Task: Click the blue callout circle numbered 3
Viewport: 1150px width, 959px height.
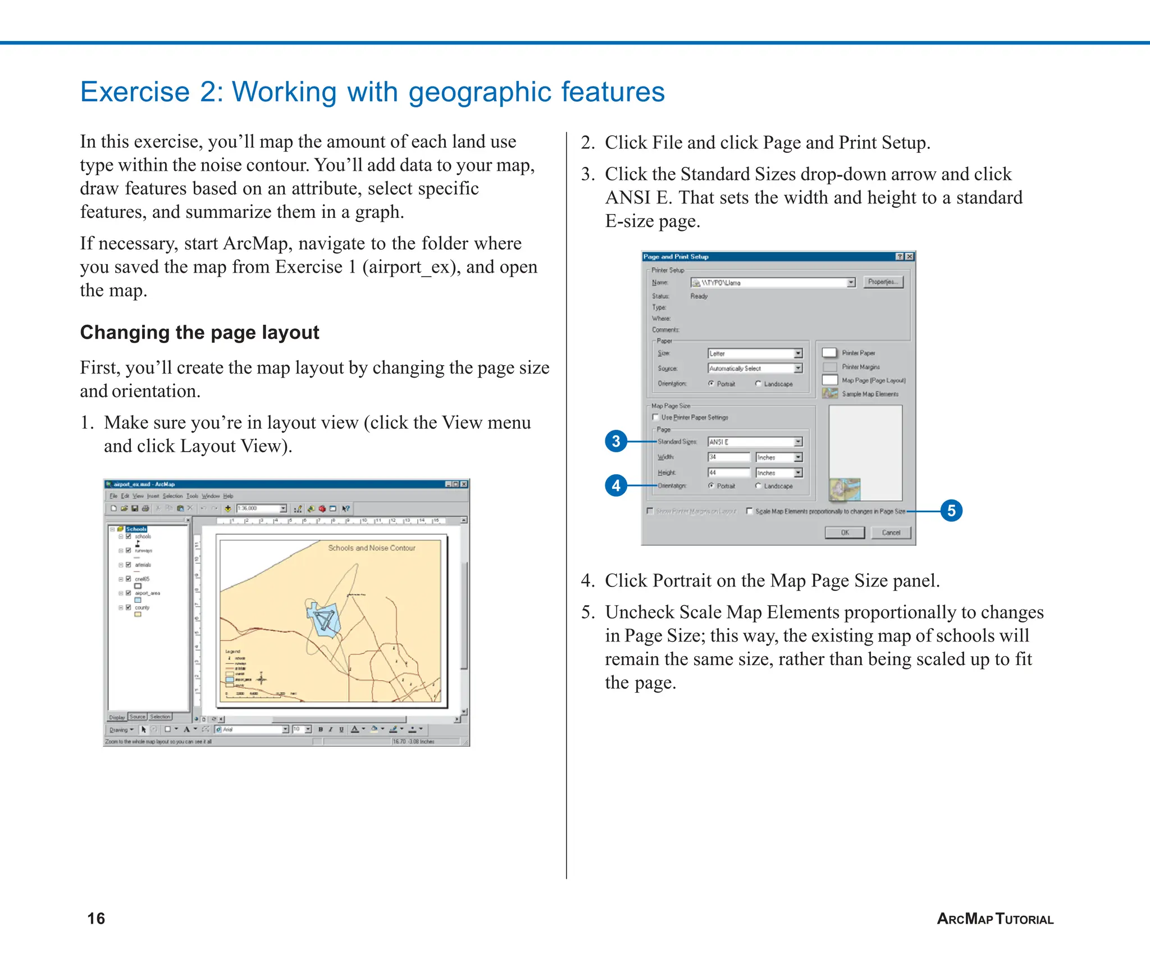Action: pyautogui.click(x=616, y=441)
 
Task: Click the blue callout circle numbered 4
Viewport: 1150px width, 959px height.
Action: pyautogui.click(x=616, y=485)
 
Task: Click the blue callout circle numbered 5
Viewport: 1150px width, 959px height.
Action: pyautogui.click(x=951, y=511)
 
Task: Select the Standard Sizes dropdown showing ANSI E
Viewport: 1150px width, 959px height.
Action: pyautogui.click(x=755, y=442)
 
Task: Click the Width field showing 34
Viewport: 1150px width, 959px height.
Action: pyautogui.click(x=728, y=457)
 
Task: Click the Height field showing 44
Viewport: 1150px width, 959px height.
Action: pyautogui.click(x=728, y=472)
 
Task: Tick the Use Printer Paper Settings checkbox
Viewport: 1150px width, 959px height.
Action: pyautogui.click(x=655, y=417)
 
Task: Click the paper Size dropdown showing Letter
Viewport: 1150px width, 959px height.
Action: pyautogui.click(x=755, y=353)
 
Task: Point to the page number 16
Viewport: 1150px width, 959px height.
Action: pyautogui.click(x=96, y=919)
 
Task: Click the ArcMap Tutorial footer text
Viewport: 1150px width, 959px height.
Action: pyautogui.click(x=995, y=919)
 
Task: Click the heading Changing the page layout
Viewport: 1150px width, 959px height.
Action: pyautogui.click(x=199, y=333)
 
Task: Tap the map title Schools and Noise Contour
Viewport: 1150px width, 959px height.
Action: pyautogui.click(x=372, y=548)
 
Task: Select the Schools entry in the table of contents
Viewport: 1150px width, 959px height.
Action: pyautogui.click(x=136, y=529)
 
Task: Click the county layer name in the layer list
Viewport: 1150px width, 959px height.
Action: pyautogui.click(x=142, y=607)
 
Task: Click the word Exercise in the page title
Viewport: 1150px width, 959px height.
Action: pyautogui.click(x=135, y=92)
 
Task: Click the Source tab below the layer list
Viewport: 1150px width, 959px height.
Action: pyautogui.click(x=138, y=717)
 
